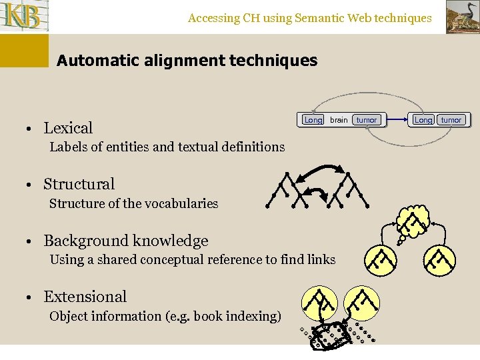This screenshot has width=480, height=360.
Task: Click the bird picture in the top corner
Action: (462, 16)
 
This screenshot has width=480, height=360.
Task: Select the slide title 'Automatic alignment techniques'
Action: (187, 61)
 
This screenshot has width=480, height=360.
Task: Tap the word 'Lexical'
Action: (68, 128)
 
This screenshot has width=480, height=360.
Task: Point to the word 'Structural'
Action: (79, 184)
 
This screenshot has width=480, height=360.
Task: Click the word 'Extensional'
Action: (85, 297)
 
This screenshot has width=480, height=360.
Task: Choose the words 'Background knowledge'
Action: (125, 241)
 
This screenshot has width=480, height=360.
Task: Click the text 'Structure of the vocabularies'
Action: (133, 203)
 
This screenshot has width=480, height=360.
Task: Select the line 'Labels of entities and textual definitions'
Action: (167, 147)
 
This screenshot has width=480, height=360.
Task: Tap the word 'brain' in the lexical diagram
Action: (339, 120)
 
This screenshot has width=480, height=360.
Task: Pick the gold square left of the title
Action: (25, 51)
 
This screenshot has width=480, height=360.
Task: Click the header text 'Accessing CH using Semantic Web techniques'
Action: (309, 18)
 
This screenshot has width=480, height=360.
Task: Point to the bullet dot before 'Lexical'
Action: (31, 129)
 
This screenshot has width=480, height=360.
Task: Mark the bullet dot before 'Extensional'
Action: (31, 297)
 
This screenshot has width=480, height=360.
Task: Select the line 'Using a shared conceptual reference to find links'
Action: (192, 259)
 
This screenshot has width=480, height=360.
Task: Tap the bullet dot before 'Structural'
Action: (31, 185)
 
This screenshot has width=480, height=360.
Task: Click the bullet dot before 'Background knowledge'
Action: (31, 241)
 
